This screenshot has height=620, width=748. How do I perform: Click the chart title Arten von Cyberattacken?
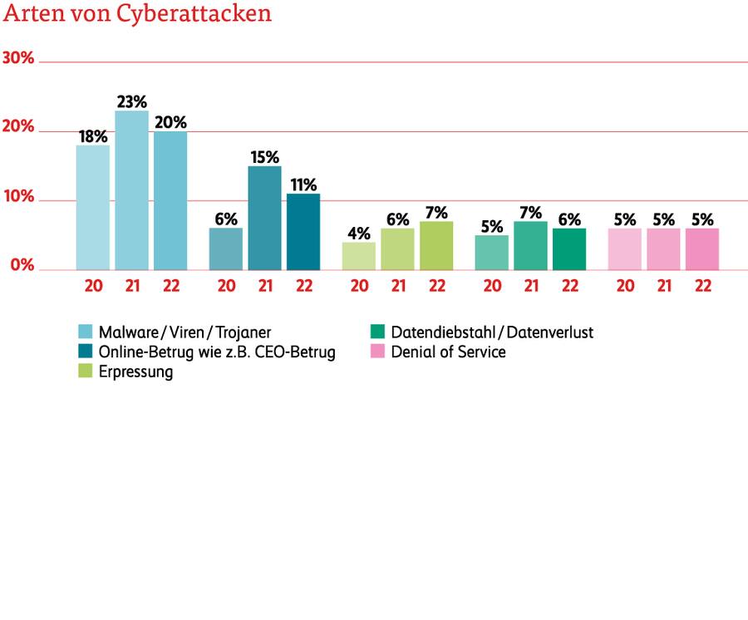tap(137, 15)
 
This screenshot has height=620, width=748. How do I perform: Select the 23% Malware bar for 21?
tap(131, 190)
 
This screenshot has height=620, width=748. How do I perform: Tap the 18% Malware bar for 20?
tap(92, 208)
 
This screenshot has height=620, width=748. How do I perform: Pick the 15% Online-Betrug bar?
tap(264, 218)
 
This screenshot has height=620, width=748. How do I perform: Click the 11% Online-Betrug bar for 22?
tap(303, 232)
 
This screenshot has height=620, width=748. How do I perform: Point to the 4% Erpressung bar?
tap(359, 256)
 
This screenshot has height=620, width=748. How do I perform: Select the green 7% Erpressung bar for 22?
tap(436, 245)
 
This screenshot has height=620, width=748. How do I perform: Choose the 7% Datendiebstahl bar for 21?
tap(530, 245)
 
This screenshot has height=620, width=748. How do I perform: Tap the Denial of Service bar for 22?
tap(702, 249)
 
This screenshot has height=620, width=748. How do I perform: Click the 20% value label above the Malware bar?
tap(170, 122)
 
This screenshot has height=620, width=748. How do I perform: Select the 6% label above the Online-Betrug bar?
tap(226, 219)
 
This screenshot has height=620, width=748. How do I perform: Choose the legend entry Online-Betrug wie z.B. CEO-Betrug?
tap(216, 352)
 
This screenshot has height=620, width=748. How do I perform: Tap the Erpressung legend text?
tap(135, 372)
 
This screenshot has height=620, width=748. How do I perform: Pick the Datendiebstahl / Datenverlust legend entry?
tap(492, 332)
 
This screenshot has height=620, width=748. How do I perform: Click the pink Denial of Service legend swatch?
tap(376, 352)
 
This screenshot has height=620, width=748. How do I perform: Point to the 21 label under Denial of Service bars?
tap(663, 284)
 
